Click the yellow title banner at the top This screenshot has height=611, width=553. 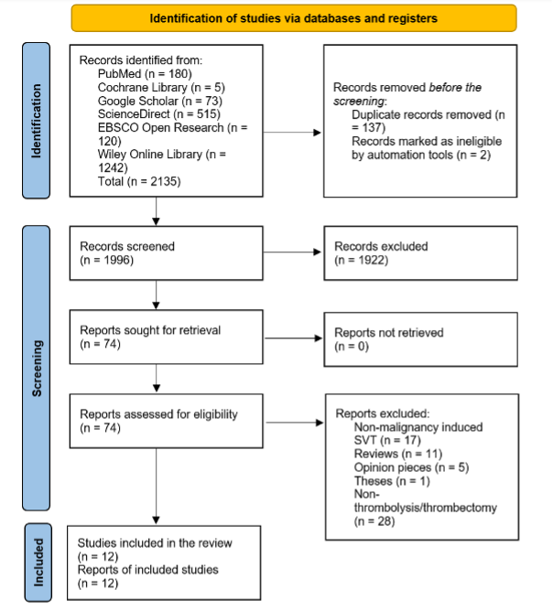pos(294,18)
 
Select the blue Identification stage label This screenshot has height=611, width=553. pos(37,121)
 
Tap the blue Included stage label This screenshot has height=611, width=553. pos(38,563)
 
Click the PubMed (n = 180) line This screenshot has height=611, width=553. pos(145,74)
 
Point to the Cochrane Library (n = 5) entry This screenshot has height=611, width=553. pos(161,87)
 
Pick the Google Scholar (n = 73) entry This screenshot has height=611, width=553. pos(160,101)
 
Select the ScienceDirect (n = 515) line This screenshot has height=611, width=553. pos(158,114)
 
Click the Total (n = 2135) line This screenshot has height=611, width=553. pos(139,182)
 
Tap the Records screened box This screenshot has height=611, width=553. pos(166,253)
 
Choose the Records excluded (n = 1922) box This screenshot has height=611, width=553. pos(420,253)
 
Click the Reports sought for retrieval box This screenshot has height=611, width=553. pos(166,338)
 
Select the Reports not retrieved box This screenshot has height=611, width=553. pos(420,339)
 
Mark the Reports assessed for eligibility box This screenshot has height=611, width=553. pos(166,421)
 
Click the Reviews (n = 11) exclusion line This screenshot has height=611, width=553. pos(397,454)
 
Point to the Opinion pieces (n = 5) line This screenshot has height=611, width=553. pos(411,467)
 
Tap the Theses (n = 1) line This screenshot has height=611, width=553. pos(392,481)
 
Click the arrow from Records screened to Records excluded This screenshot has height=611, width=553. pos(292,252)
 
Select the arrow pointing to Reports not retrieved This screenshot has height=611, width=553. pos(293,338)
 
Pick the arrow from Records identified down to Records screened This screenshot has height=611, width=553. pos(156,211)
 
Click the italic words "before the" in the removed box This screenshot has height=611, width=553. pos(455,87)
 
